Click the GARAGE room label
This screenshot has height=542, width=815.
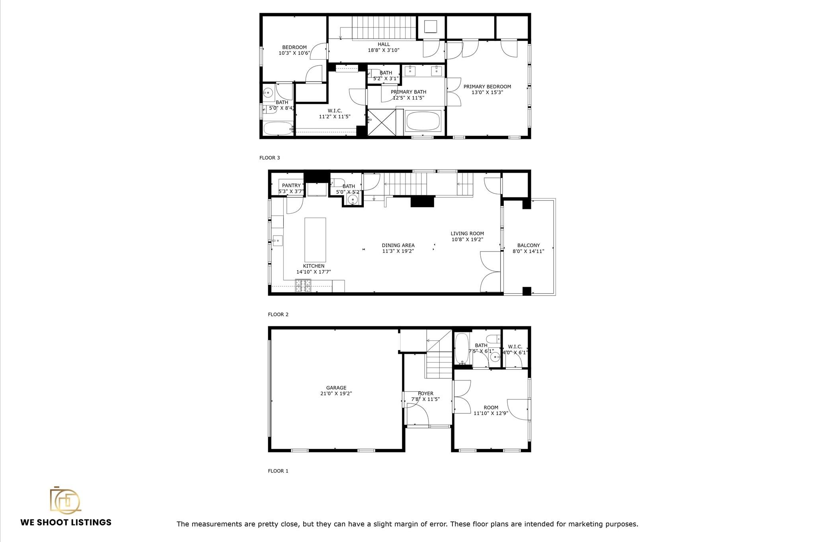[336, 388]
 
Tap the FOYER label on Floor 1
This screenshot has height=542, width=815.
[425, 394]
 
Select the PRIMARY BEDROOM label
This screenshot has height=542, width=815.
[487, 87]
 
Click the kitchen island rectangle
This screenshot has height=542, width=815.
[315, 239]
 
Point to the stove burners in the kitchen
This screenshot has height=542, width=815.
[303, 286]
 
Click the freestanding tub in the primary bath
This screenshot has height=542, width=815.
[423, 121]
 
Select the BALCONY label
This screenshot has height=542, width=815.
[528, 246]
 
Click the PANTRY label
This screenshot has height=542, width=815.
[291, 185]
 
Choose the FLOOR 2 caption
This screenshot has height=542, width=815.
[278, 314]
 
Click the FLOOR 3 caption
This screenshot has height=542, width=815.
[269, 158]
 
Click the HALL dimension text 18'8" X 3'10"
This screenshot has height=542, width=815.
[383, 50]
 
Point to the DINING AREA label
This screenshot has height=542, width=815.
[398, 246]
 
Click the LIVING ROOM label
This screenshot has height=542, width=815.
[467, 234]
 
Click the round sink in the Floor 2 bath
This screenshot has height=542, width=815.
[353, 200]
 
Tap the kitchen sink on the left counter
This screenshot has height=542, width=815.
[277, 240]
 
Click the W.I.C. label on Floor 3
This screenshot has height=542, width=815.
[335, 111]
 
